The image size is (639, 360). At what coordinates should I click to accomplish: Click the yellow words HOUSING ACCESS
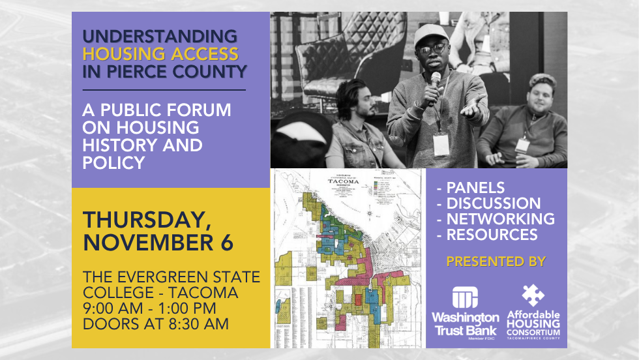click(160, 53)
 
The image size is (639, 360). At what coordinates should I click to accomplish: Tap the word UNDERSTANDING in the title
click(159, 36)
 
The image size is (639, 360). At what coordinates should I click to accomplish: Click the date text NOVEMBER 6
click(158, 242)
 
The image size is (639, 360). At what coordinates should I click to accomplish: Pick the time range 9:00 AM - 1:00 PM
click(149, 307)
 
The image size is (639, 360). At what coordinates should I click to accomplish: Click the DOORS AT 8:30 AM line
click(155, 323)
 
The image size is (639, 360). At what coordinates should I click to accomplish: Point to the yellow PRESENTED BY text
click(496, 262)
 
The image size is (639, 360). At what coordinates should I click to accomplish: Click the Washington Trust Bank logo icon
click(465, 297)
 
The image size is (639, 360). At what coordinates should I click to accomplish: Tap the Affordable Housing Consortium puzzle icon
click(533, 295)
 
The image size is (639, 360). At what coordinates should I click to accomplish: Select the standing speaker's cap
click(430, 34)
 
